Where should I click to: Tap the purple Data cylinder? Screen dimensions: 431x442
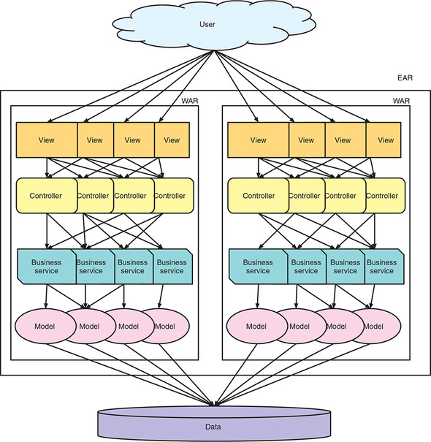tap(214, 424)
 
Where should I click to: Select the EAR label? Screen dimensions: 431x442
tap(405, 77)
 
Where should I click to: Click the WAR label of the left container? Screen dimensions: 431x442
tap(190, 101)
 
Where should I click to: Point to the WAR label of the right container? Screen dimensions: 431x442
tap(401, 101)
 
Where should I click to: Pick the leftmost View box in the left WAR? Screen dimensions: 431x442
tap(47, 140)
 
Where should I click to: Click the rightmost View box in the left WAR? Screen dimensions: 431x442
tap(172, 140)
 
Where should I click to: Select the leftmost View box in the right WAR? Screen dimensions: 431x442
tap(258, 140)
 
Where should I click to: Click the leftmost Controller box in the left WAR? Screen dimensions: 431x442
tap(47, 196)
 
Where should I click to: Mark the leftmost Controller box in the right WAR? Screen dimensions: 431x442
tap(258, 196)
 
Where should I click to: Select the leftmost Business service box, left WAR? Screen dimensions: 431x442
tap(47, 267)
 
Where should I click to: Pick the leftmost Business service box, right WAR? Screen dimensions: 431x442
tap(258, 267)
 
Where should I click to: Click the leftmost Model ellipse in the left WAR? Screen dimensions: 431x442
tap(45, 326)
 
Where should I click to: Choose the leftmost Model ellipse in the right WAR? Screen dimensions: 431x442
tap(257, 326)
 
